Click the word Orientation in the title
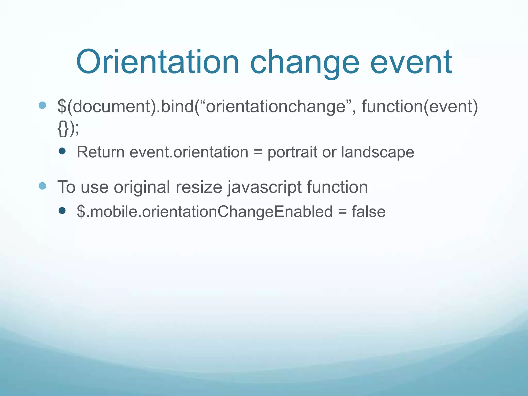[x=157, y=63]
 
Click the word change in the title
[x=304, y=63]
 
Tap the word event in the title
[x=411, y=63]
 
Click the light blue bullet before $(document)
[x=42, y=105]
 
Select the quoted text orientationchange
[x=276, y=106]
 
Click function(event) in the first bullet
[x=420, y=106]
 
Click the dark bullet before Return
[x=62, y=151]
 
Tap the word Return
[x=101, y=152]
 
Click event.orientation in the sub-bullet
[x=189, y=152]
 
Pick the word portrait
[x=292, y=153]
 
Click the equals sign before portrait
[x=258, y=152]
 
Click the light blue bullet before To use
[x=42, y=186]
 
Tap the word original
[x=142, y=187]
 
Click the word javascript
[x=265, y=187]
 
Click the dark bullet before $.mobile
[x=62, y=211]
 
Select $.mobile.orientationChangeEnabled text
[x=205, y=212]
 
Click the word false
[x=368, y=212]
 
